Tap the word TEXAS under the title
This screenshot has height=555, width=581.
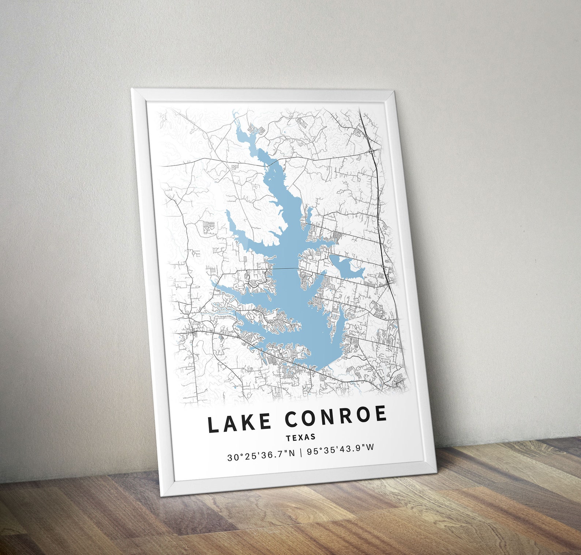pos(301,437)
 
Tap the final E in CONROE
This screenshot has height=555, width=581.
pos(381,414)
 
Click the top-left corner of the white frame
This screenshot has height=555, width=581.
pos(132,89)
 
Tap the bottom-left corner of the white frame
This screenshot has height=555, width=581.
pos(161,495)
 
